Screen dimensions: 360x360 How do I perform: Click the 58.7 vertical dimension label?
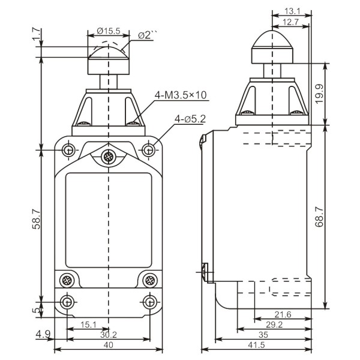(37, 220)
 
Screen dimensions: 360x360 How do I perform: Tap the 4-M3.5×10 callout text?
(181, 95)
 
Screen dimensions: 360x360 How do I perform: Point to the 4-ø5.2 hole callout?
(190, 119)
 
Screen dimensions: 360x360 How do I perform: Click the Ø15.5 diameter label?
(109, 30)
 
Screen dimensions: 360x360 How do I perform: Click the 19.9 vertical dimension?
(319, 93)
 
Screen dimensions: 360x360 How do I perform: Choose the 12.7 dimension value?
(291, 22)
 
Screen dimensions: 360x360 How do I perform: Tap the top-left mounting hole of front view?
(70, 148)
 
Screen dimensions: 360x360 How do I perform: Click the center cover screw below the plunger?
(109, 158)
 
